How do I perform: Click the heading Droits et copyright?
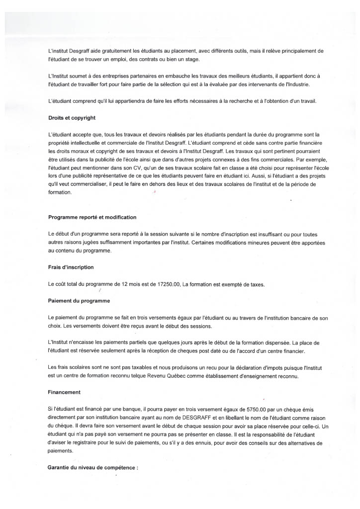click(x=72, y=118)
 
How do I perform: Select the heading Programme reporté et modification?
click(x=92, y=217)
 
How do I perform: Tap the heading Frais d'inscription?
click(x=71, y=267)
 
